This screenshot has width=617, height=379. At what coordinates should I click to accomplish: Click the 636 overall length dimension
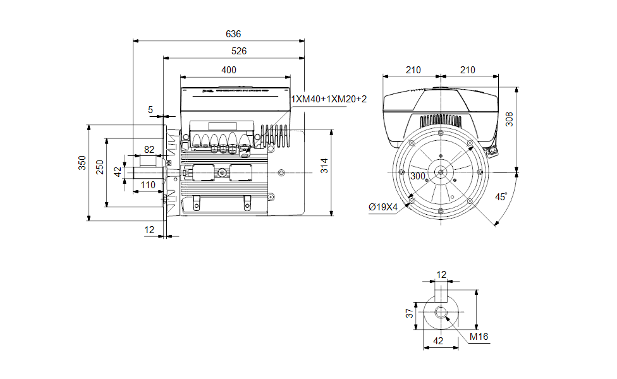click(233, 33)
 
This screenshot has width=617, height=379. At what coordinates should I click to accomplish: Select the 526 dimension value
click(238, 51)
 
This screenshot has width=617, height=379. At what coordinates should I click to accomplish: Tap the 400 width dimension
click(229, 69)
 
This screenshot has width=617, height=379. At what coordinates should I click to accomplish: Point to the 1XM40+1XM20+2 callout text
click(329, 99)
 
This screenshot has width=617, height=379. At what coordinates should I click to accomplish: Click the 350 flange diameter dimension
click(82, 163)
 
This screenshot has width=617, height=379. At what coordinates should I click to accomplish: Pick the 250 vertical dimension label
click(100, 167)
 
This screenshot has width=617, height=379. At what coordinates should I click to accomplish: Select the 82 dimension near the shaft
click(149, 150)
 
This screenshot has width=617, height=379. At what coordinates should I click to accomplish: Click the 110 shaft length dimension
click(148, 184)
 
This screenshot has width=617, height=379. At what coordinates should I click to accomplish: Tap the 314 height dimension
click(324, 166)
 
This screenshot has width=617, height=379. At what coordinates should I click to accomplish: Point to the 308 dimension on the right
click(510, 118)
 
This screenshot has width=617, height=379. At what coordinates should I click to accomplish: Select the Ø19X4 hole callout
click(383, 207)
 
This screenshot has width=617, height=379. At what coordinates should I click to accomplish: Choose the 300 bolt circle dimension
click(418, 176)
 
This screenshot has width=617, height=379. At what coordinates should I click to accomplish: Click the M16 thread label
click(479, 337)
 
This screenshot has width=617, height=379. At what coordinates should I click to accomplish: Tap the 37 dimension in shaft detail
click(410, 312)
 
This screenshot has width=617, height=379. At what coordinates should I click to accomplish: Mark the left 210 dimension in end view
click(413, 69)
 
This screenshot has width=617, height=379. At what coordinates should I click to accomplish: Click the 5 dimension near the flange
click(150, 110)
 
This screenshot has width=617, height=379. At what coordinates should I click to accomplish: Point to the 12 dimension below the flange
click(149, 231)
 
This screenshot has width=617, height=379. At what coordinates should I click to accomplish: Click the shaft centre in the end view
click(439, 171)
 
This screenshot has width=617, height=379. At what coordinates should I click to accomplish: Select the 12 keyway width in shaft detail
click(441, 274)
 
